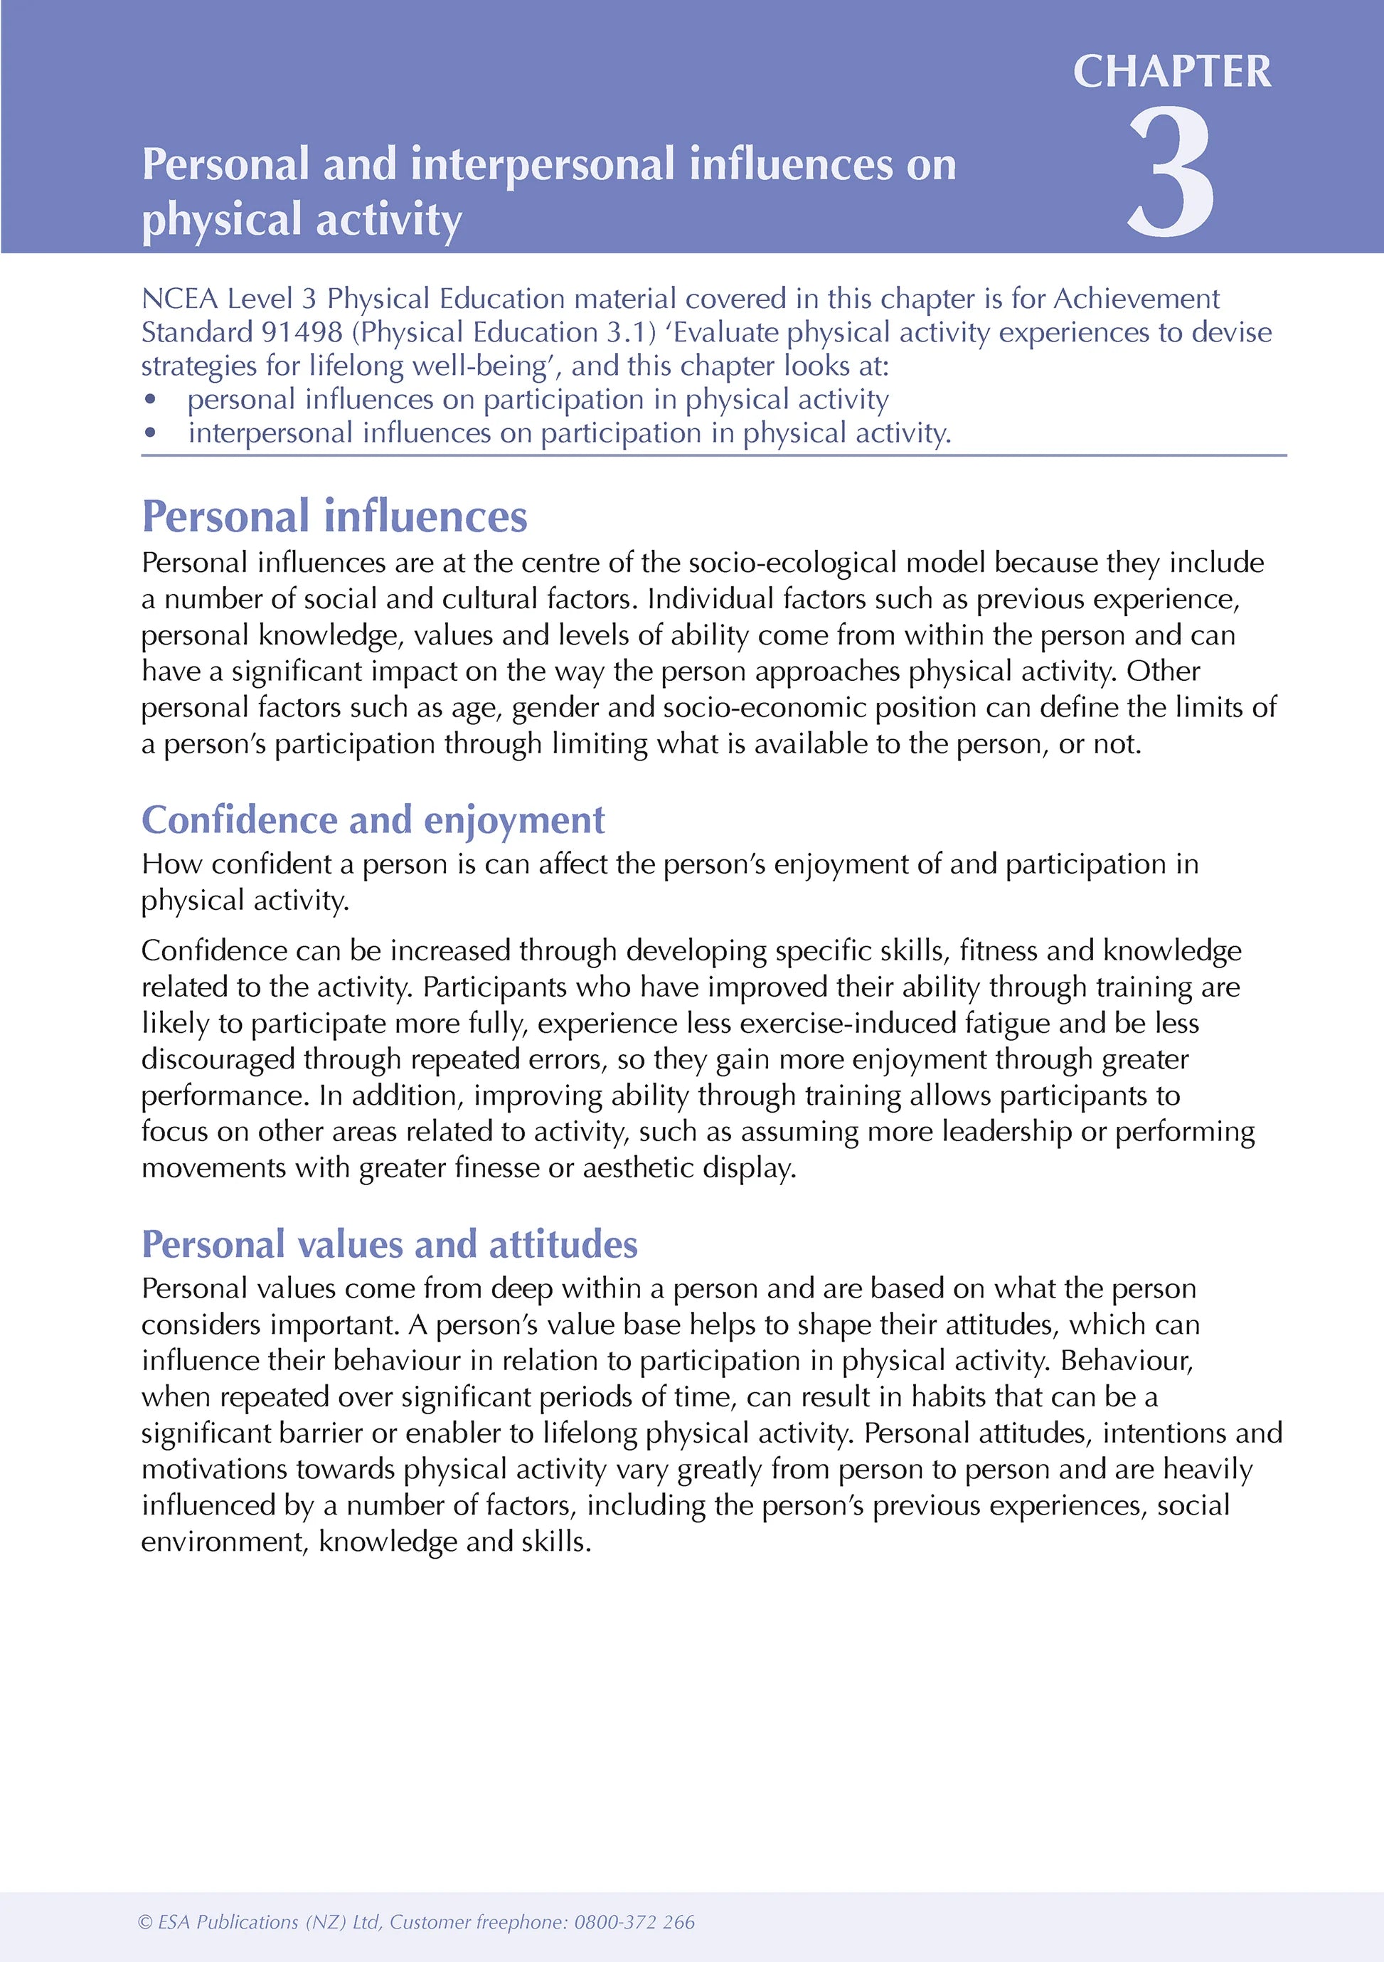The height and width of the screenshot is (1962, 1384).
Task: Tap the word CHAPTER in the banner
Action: click(x=1171, y=71)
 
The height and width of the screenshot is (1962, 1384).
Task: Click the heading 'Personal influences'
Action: click(x=334, y=516)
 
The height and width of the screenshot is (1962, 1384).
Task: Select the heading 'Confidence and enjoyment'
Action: click(x=373, y=820)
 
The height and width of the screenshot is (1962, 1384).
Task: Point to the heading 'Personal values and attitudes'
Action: click(x=390, y=1244)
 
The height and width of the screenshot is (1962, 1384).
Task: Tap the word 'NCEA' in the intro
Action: click(x=179, y=299)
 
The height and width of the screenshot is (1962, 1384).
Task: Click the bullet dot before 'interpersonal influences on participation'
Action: click(x=150, y=433)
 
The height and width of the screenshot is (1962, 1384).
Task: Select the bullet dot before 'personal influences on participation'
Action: click(x=150, y=399)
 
